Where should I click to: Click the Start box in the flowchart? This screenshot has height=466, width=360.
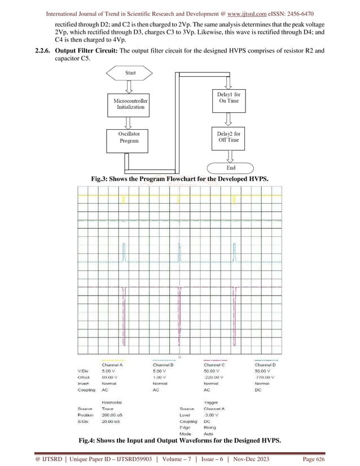130,73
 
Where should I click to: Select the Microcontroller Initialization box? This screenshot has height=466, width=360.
130,103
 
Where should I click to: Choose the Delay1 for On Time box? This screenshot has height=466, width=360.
229,98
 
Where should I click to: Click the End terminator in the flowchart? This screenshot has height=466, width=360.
231,168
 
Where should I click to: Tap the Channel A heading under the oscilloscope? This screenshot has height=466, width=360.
113,364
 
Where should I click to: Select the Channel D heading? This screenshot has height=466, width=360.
269,364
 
